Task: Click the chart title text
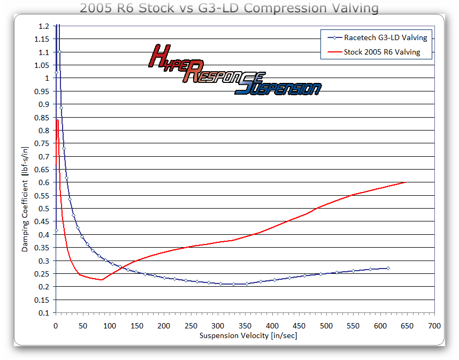click(x=229, y=8)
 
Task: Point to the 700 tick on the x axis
click(x=434, y=325)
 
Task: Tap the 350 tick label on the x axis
click(x=244, y=325)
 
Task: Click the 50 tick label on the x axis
click(x=82, y=325)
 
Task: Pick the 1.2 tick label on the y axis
click(x=44, y=26)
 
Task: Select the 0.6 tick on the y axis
click(x=44, y=182)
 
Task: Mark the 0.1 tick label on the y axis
click(x=44, y=312)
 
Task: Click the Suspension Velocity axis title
click(x=248, y=335)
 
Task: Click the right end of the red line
click(x=406, y=182)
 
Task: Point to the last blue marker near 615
click(x=388, y=268)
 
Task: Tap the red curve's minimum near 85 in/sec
click(x=101, y=280)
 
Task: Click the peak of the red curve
click(x=57, y=120)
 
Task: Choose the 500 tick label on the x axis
click(x=326, y=325)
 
